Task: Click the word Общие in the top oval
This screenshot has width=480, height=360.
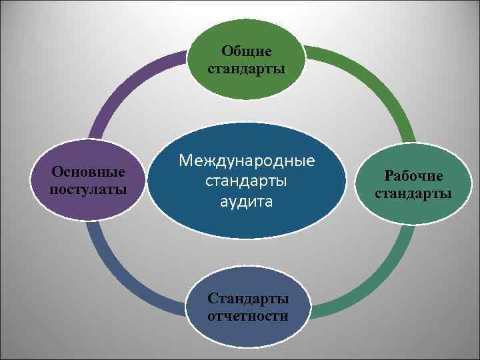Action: [x=247, y=51]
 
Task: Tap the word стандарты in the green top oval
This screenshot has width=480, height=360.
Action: [x=247, y=68]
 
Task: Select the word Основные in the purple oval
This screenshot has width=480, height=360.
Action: [x=89, y=172]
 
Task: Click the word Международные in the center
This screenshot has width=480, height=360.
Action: [x=246, y=161]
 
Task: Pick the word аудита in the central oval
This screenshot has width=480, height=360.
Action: [x=246, y=201]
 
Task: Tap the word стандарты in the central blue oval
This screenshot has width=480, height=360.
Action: [x=246, y=181]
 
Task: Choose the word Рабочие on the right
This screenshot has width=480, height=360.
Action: [x=413, y=176]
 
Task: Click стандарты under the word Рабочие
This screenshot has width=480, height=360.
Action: [x=413, y=194]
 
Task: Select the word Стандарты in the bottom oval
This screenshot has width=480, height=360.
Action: [x=248, y=299]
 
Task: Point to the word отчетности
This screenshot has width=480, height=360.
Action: [x=248, y=315]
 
